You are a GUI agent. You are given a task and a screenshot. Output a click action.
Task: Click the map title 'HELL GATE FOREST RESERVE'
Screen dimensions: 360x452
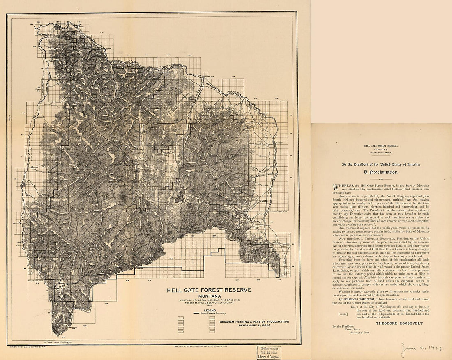pyautogui.click(x=209, y=290)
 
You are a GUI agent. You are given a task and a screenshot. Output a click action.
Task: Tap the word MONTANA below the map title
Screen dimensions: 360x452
pyautogui.click(x=210, y=296)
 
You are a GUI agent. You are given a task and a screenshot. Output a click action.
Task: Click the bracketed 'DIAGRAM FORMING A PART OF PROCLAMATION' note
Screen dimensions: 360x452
pyautogui.click(x=254, y=323)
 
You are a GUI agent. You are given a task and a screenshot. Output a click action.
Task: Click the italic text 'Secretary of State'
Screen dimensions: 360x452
pyautogui.click(x=360, y=332)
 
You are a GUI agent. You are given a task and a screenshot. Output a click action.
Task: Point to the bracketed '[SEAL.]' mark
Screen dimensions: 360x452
pyautogui.click(x=342, y=314)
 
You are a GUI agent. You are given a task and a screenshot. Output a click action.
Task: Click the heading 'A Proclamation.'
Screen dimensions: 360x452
pyautogui.click(x=381, y=172)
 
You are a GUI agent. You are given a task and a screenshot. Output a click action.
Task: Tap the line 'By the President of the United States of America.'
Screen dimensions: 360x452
pyautogui.click(x=381, y=164)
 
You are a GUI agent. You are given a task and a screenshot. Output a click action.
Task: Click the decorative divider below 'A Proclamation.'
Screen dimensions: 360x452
pyautogui.click(x=381, y=179)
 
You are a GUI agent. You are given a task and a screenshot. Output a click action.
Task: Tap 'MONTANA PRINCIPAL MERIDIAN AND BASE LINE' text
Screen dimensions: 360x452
pyautogui.click(x=209, y=300)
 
